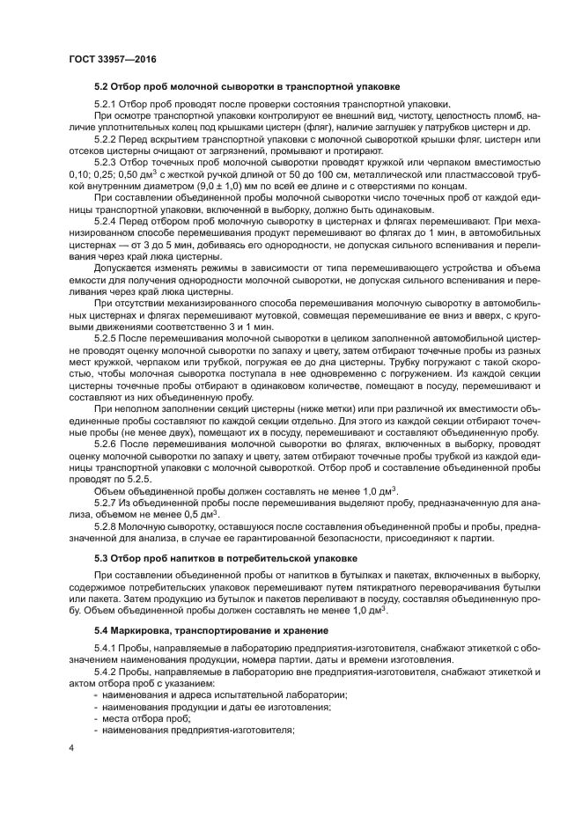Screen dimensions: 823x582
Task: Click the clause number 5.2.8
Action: coord(105,525)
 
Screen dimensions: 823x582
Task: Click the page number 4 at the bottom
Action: coord(71,749)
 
